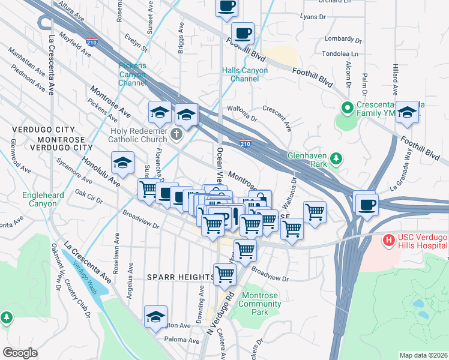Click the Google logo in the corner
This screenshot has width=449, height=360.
(20, 353)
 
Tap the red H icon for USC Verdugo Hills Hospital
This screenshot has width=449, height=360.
(389, 240)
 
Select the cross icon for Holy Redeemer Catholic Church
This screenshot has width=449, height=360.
(176, 134)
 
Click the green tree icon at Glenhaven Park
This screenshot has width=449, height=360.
(337, 158)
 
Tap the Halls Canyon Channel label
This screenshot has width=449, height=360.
(245, 74)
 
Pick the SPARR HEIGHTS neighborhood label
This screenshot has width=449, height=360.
(181, 277)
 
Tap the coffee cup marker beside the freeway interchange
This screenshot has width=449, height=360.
(366, 205)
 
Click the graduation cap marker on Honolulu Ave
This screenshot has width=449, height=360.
(122, 163)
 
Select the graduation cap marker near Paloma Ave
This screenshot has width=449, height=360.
(155, 317)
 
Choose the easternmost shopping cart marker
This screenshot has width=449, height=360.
(314, 212)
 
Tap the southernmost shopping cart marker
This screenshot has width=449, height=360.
(224, 274)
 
